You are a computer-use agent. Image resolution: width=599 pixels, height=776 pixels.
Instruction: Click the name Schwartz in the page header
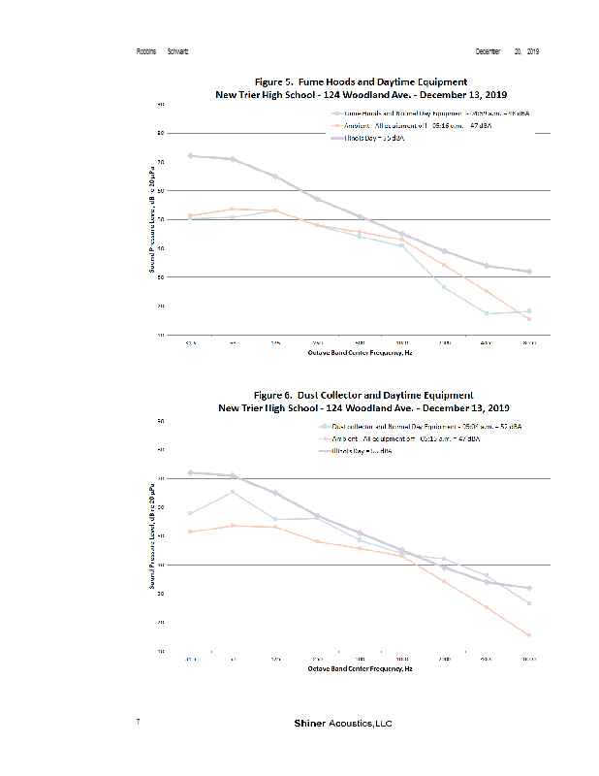click(179, 50)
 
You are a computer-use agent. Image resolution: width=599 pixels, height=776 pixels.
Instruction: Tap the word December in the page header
click(488, 50)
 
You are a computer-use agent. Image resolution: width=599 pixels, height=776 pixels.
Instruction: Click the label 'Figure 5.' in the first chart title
click(277, 82)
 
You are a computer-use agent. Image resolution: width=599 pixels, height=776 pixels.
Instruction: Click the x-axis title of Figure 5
click(360, 354)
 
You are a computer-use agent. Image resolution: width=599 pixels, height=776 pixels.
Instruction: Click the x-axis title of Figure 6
click(360, 668)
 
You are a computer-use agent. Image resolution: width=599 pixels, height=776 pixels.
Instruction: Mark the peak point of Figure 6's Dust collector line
click(233, 492)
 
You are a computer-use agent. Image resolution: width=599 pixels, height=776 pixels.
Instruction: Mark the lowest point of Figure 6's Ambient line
click(528, 635)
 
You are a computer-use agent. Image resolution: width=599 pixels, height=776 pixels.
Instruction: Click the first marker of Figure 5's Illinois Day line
click(190, 155)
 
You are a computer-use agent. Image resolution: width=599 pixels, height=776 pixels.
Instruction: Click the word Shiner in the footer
click(310, 724)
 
